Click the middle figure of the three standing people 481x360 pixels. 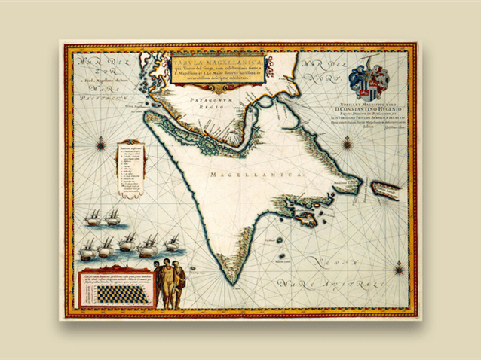(x=166, y=285)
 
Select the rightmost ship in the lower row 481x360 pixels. (x=172, y=243)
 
